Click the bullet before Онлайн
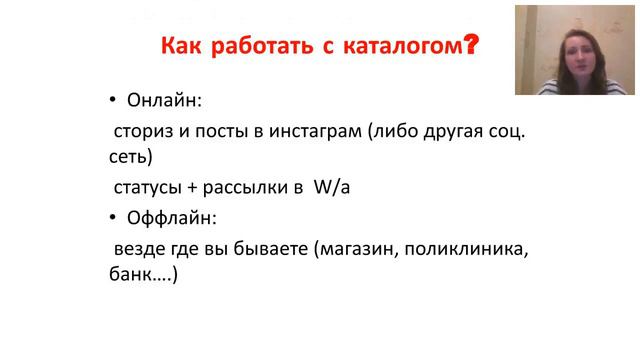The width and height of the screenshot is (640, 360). click(x=113, y=101)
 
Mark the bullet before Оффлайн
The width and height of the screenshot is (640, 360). click(x=113, y=217)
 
